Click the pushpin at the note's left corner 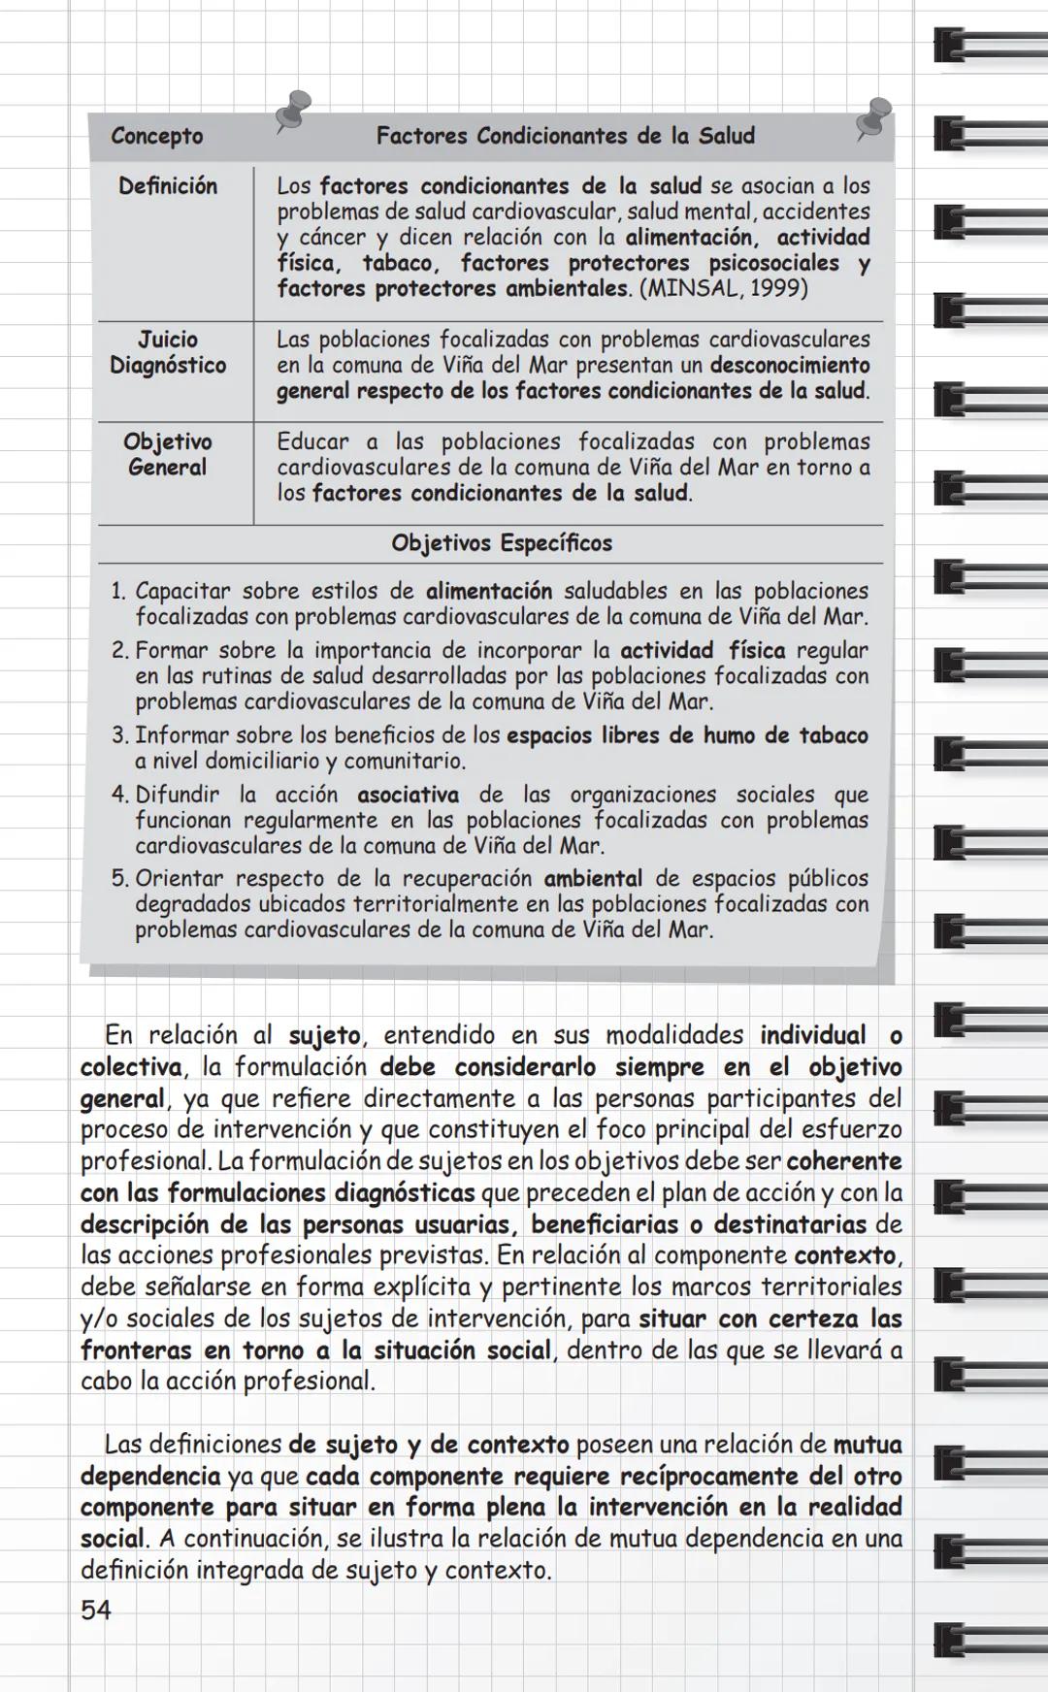click(x=292, y=109)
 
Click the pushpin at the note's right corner click(x=874, y=117)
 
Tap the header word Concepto click(x=156, y=136)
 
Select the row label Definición click(x=168, y=186)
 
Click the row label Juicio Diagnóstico click(x=168, y=352)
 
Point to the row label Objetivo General click(x=167, y=454)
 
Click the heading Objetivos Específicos click(x=502, y=543)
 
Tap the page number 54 click(x=96, y=1611)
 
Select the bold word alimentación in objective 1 click(x=489, y=591)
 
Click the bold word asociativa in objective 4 click(x=408, y=795)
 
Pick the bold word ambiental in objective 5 click(x=593, y=879)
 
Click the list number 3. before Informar click(x=119, y=735)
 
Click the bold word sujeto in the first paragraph click(x=324, y=1035)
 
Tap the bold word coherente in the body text click(x=843, y=1161)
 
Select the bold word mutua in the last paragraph click(x=867, y=1445)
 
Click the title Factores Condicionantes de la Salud click(x=565, y=136)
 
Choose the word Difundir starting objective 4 click(x=178, y=795)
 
